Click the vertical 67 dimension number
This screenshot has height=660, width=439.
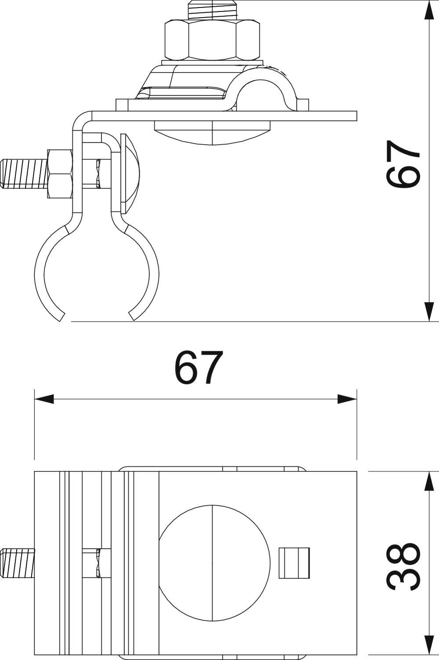tap(403, 164)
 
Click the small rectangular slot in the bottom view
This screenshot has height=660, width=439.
tap(295, 562)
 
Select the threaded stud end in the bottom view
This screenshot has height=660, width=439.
tap(18, 562)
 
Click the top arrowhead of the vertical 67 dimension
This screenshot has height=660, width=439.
tap(430, 9)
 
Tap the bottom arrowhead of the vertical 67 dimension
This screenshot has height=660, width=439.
tap(430, 312)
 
